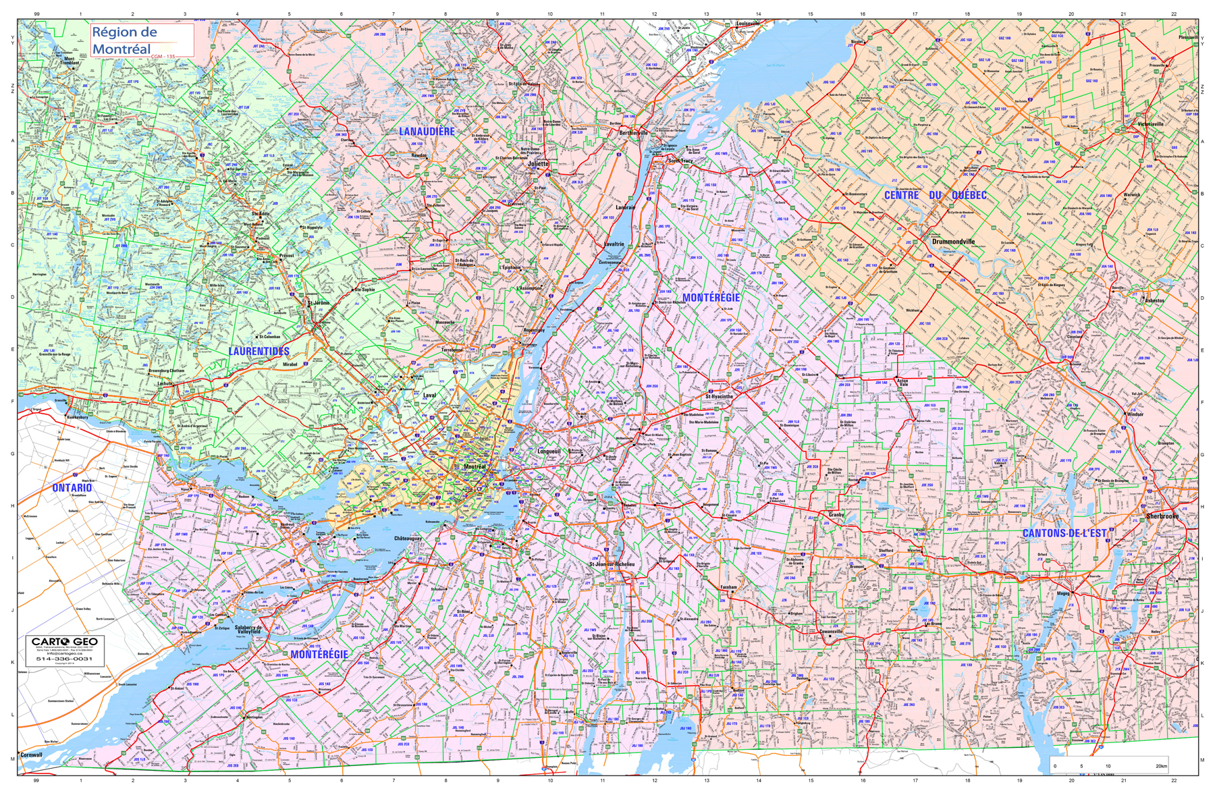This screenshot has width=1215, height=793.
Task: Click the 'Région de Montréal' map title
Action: pos(124,40)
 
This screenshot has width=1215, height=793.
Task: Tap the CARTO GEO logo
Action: pos(65,641)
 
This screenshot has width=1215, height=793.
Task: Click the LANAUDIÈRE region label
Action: pos(427,132)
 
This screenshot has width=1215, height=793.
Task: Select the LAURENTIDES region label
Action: pos(259,352)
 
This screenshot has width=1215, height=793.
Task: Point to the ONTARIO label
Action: pos(72,488)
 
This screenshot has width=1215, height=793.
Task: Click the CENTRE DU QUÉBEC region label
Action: pos(935,196)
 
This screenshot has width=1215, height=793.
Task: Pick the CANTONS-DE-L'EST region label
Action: pos(1064,533)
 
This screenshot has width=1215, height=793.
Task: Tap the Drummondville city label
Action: pos(953,241)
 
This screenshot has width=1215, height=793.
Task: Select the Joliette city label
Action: pos(538,163)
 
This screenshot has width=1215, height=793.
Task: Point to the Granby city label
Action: pos(836,515)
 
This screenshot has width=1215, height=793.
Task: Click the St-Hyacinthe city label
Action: pos(719,397)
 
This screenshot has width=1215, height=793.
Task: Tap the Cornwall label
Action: pos(31,755)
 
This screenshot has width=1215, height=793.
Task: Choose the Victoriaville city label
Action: pos(1150,124)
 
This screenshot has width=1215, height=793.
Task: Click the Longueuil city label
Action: pos(549,452)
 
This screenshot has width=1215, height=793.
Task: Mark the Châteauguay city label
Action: pos(408,539)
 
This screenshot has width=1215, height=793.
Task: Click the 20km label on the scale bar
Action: pos(1161,766)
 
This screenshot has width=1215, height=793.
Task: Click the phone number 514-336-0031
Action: pos(64,659)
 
